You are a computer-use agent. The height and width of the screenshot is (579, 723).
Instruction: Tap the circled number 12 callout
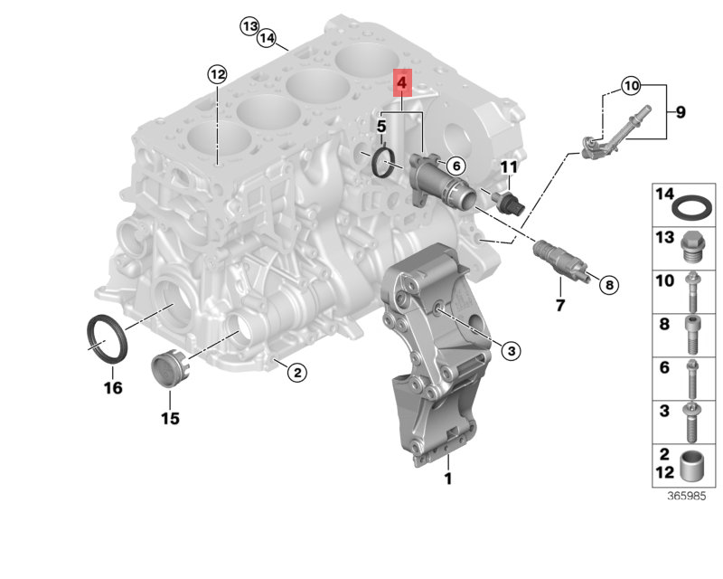click(x=216, y=73)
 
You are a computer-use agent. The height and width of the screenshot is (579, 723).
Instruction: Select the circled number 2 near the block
click(x=295, y=370)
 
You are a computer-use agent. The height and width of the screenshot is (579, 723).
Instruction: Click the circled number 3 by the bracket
click(x=509, y=350)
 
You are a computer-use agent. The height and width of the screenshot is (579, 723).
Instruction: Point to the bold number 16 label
click(x=112, y=388)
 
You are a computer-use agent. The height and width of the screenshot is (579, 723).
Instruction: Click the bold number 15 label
click(x=170, y=418)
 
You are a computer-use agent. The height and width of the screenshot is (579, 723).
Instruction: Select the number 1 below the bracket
click(x=446, y=479)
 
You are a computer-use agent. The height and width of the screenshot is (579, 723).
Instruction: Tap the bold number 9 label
click(x=681, y=112)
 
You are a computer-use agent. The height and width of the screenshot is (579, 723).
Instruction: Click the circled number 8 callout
click(x=607, y=285)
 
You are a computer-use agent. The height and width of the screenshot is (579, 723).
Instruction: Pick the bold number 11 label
click(x=510, y=166)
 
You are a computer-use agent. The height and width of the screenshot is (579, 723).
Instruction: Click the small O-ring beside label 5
click(x=384, y=163)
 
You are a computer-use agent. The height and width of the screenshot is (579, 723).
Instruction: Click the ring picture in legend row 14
click(x=691, y=207)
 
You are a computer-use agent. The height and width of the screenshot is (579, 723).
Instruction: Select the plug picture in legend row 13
click(x=691, y=244)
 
